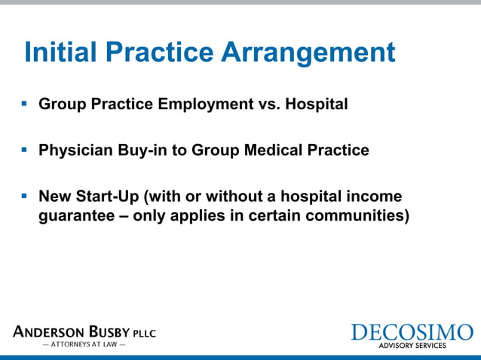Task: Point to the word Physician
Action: [x=75, y=151]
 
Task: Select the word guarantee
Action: [x=74, y=216]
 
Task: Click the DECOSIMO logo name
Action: [x=412, y=332]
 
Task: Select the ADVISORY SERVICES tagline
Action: [x=412, y=346]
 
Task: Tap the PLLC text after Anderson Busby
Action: [x=145, y=334]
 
